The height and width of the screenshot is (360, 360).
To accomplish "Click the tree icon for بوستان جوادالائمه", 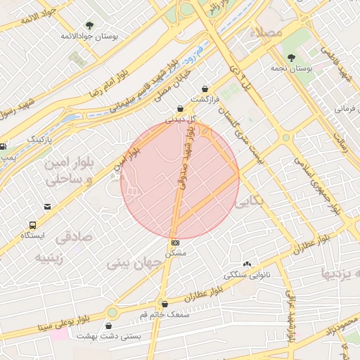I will click(x=89, y=25).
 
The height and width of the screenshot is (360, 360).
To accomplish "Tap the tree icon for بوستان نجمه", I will click(x=291, y=58).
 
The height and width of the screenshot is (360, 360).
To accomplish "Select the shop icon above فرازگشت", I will click(x=205, y=89).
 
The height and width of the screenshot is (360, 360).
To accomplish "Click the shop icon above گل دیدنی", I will click(x=181, y=109).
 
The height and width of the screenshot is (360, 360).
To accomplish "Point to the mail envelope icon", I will click(x=47, y=207).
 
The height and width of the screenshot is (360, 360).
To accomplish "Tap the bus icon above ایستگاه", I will click(x=33, y=225).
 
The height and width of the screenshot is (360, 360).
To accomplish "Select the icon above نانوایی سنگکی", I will click(x=247, y=264).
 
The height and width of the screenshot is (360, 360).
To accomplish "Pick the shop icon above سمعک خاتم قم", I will click(x=165, y=304).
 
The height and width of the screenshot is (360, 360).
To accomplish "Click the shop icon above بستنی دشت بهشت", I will click(x=108, y=326).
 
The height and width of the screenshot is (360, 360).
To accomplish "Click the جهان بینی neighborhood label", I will click(x=134, y=264).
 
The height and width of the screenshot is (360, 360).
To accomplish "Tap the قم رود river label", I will click(x=200, y=51).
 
